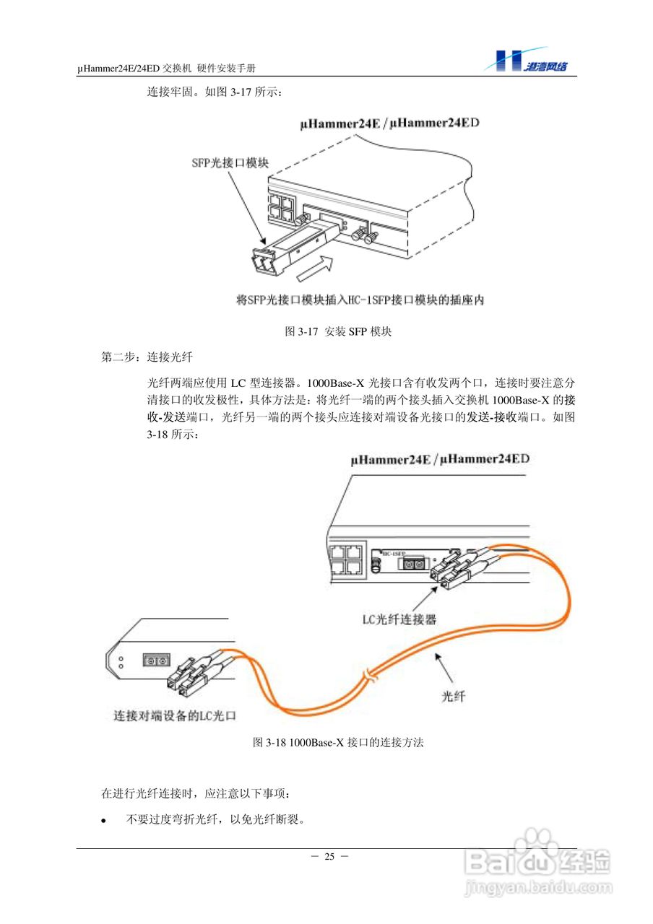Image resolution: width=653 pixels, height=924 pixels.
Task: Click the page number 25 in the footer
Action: [x=329, y=857]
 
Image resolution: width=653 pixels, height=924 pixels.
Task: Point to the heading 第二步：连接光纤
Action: [x=147, y=357]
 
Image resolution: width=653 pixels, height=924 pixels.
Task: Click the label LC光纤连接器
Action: [x=399, y=619]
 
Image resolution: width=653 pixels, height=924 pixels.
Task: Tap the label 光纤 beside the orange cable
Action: [x=453, y=696]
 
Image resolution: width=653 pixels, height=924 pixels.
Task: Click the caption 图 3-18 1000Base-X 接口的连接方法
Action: [x=337, y=742]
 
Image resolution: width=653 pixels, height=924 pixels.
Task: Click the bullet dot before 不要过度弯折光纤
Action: [x=103, y=821]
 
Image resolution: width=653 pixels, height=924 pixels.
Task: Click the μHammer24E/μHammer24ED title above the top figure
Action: [x=390, y=123]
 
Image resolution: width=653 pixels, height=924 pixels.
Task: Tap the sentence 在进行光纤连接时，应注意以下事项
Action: [x=196, y=793]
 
